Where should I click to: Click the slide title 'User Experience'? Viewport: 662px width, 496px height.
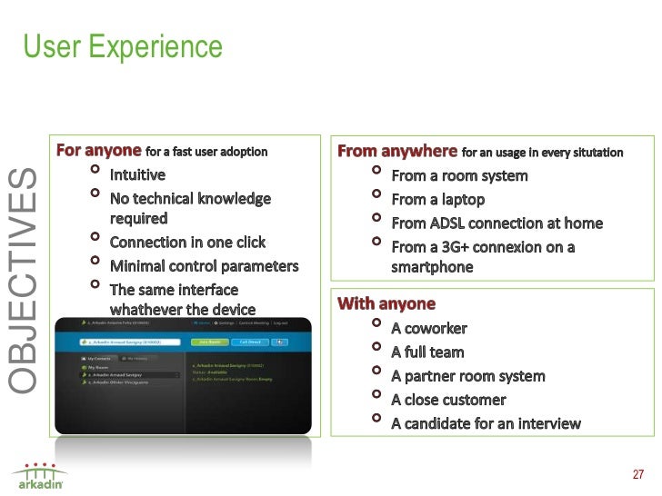[122, 45]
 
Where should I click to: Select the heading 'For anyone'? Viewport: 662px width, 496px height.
[99, 151]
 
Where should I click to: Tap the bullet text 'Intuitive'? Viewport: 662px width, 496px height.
[137, 174]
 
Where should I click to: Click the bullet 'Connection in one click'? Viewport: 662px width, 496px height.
[187, 243]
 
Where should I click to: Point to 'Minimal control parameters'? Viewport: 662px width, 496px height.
[204, 266]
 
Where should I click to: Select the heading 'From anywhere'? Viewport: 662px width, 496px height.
[397, 151]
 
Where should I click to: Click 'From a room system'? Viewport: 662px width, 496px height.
[459, 175]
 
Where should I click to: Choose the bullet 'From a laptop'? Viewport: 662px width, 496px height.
[437, 199]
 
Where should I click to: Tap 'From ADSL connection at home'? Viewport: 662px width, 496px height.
[496, 223]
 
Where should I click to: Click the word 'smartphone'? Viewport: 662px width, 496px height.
[432, 267]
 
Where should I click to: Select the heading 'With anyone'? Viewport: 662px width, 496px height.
[386, 303]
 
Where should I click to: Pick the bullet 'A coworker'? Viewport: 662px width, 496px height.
[429, 328]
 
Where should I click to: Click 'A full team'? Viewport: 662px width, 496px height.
[427, 352]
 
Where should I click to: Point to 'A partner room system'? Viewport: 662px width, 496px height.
[467, 376]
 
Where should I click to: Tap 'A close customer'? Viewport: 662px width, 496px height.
[448, 400]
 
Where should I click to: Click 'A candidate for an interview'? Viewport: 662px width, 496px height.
[486, 423]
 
